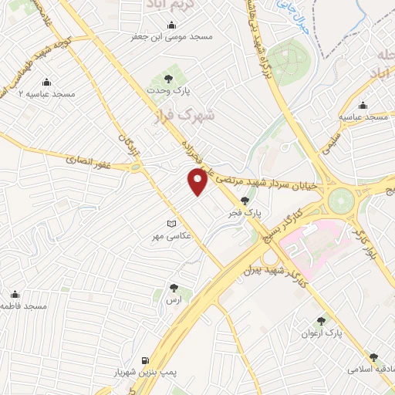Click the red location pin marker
pyautogui.click(x=197, y=182)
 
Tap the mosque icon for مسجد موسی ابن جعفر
pyautogui.click(x=171, y=25)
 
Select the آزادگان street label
pyautogui.click(x=128, y=144)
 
